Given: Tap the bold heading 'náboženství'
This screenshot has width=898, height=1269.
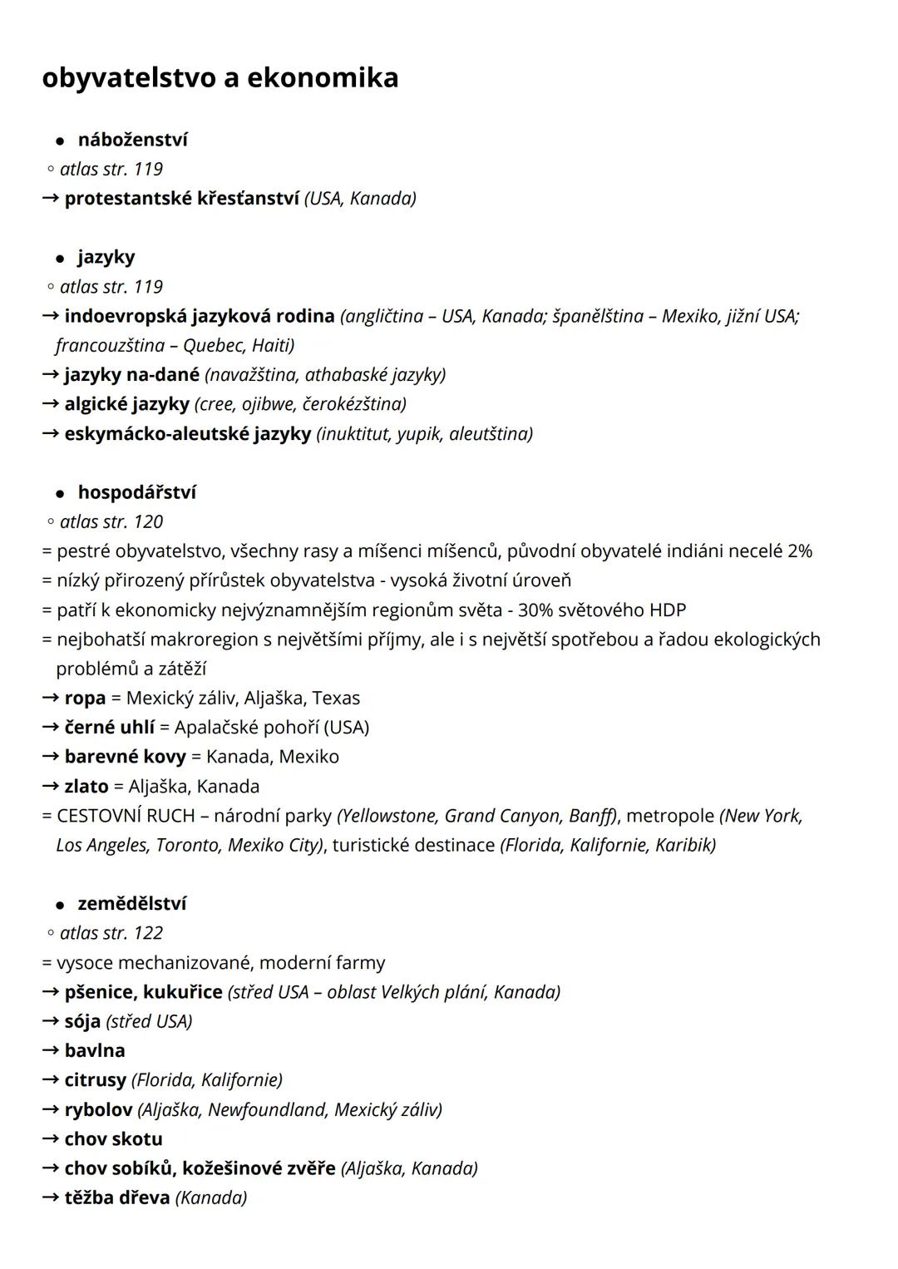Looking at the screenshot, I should coord(133,140).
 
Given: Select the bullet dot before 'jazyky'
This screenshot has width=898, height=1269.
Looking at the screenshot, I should coord(60,259).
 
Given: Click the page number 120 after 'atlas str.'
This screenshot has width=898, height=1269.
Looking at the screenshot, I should coord(148,521).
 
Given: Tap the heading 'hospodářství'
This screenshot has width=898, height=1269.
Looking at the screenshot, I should coord(137,492).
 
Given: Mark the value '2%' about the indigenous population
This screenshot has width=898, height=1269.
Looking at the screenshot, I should coord(799,551).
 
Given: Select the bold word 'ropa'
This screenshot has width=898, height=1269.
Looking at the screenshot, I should coord(85,698).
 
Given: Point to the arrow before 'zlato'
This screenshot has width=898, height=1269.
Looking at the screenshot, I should coord(51,786).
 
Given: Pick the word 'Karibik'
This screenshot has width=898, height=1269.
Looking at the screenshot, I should coord(684,845).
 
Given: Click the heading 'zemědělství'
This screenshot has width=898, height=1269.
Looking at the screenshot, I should coord(132,903).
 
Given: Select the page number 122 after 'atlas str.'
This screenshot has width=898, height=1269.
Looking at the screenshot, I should coord(148,933).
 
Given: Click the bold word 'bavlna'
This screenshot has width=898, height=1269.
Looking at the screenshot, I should coord(95,1050).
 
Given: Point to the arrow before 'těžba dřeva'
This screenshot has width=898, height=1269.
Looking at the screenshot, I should coord(51,1197).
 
